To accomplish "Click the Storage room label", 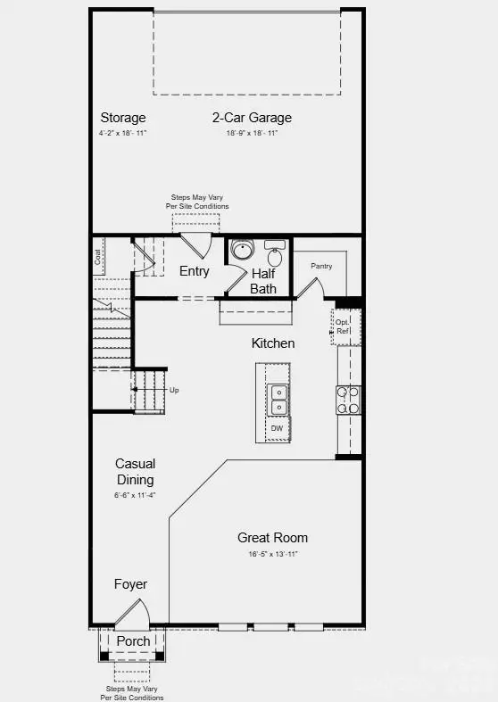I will (x=123, y=118).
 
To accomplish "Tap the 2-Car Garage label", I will (x=252, y=118).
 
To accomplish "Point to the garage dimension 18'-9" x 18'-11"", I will (x=252, y=133).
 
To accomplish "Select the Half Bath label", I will (x=263, y=281).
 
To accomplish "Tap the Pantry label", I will (x=321, y=266).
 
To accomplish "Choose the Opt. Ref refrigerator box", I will (x=344, y=326).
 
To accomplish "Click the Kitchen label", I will (x=273, y=343).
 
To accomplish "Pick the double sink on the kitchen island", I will (x=279, y=399).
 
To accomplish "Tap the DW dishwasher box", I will (x=278, y=429).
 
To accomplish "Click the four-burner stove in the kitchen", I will (x=348, y=400).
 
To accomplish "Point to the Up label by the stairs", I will (x=174, y=391).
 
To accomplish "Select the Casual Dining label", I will (x=136, y=472).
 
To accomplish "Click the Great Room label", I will (x=272, y=538).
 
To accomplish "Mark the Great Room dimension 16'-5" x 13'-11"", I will (x=272, y=554).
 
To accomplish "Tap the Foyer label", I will (x=130, y=585).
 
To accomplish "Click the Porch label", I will (x=133, y=641).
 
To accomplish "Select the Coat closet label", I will (x=98, y=256).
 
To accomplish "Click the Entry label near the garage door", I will (x=195, y=271).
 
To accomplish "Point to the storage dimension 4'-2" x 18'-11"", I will (x=123, y=133).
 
